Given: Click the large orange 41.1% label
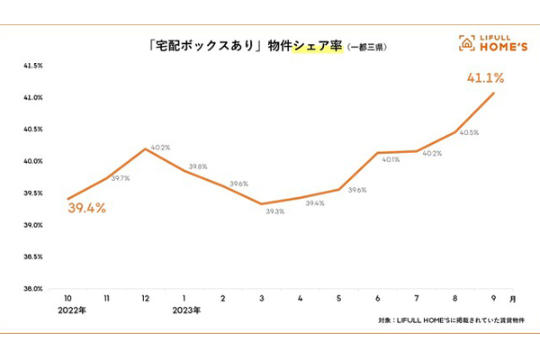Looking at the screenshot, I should [x=482, y=78].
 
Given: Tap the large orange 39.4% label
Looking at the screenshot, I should [x=86, y=209].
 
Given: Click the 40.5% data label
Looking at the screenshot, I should [x=468, y=132].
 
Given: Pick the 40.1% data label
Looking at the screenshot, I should [x=391, y=160].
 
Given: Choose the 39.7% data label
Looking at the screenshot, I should [x=120, y=178].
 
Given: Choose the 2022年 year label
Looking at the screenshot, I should [x=73, y=310].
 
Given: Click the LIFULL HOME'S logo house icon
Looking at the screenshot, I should [x=466, y=41].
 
